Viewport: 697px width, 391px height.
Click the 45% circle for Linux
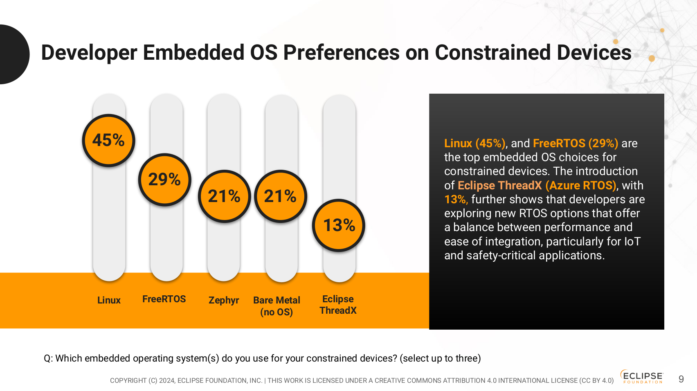point(108,140)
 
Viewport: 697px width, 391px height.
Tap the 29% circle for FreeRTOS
point(164,180)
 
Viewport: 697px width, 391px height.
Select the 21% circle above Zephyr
point(224,196)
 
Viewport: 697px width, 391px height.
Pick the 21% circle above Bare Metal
point(280,196)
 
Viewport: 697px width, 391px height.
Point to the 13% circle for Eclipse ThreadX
point(339,225)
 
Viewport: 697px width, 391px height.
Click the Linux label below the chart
point(109,300)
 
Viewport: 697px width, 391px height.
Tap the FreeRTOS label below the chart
point(164,299)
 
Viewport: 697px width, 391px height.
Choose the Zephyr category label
point(224,300)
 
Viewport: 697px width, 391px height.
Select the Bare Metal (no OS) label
point(277,306)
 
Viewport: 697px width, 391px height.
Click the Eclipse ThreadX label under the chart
point(338,305)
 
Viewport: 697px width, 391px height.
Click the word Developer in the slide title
point(89,53)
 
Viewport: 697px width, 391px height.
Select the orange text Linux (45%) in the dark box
point(474,144)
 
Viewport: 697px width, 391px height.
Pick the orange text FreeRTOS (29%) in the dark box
point(576,144)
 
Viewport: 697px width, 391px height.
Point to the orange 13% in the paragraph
point(456,200)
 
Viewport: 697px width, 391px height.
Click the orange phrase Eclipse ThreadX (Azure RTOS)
point(537,185)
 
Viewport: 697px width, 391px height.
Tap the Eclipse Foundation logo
point(642,376)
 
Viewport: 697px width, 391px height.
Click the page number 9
point(681,379)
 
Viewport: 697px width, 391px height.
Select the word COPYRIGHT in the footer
point(128,380)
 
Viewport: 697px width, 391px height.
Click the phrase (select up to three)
point(440,358)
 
